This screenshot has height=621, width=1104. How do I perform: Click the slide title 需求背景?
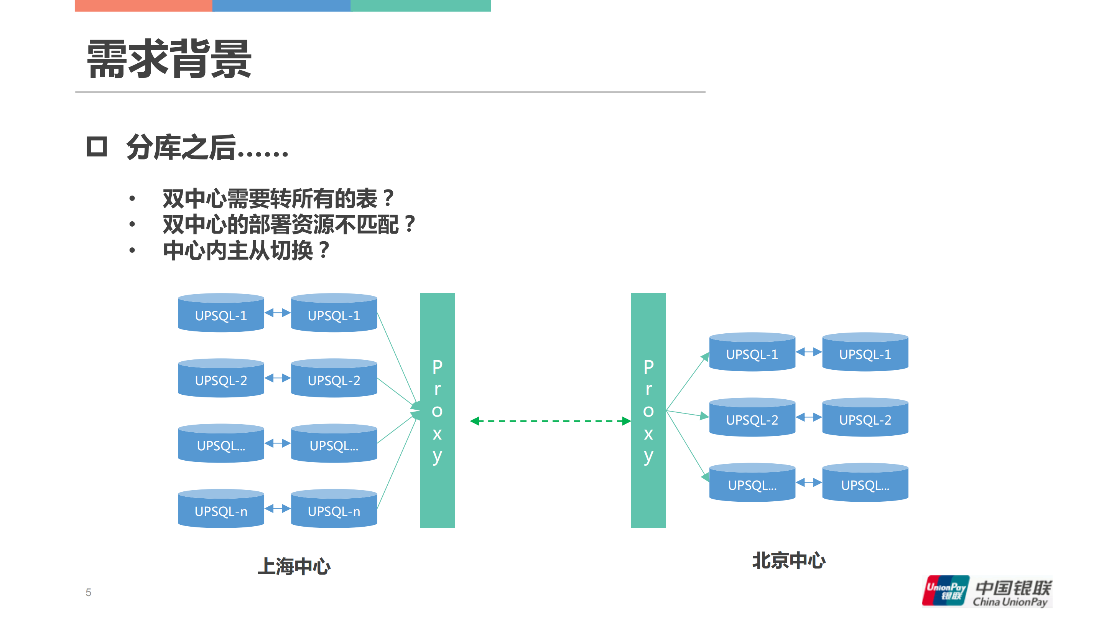coord(169,59)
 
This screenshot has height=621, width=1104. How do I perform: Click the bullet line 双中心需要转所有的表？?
coord(278,198)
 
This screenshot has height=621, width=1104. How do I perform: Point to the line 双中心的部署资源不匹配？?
coord(288,224)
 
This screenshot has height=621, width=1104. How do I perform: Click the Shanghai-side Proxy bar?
coord(437,410)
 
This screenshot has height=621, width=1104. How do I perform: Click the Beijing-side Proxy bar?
coord(648,410)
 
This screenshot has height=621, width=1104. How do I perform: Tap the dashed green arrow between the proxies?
coord(550,421)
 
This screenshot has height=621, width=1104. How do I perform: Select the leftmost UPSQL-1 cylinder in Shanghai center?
coord(221,313)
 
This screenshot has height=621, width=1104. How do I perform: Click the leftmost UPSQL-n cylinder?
coord(221,509)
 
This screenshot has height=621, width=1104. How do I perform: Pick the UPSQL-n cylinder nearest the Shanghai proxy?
coord(334,509)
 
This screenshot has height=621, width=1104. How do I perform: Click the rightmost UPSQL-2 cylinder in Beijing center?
coord(865,417)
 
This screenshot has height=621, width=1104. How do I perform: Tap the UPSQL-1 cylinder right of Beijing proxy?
coord(752,352)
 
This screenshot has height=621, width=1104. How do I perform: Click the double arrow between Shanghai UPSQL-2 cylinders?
coord(277,377)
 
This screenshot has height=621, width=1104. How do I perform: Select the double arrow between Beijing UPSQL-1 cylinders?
coord(808,352)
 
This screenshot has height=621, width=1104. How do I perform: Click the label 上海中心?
coord(294,566)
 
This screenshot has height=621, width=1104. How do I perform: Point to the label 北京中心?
coord(788,560)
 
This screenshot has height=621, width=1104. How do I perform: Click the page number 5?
coord(88,592)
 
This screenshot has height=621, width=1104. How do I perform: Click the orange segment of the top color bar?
coord(143,6)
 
